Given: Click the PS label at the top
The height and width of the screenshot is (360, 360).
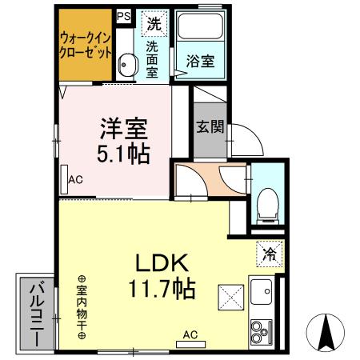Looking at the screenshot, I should (x=124, y=15).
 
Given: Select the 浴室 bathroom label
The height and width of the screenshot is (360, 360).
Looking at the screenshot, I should (x=199, y=60).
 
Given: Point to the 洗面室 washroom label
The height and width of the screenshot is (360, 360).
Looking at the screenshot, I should (x=152, y=58).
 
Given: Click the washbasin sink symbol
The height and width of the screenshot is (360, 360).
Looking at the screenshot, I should (x=125, y=65).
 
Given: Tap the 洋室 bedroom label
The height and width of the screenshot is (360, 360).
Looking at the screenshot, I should (x=123, y=127).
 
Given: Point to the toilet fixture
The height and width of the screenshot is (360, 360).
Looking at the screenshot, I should (x=267, y=203).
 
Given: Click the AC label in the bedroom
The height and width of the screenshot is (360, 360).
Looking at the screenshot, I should (x=76, y=179).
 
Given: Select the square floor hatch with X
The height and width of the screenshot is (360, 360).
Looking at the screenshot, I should (x=232, y=298).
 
